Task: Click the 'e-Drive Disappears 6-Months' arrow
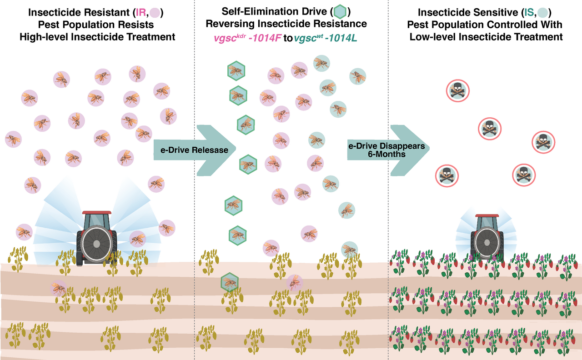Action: point(386,150)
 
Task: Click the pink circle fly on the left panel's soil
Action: point(59,288)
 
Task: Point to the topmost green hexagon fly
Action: point(236,70)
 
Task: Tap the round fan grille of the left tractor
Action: point(96,243)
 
